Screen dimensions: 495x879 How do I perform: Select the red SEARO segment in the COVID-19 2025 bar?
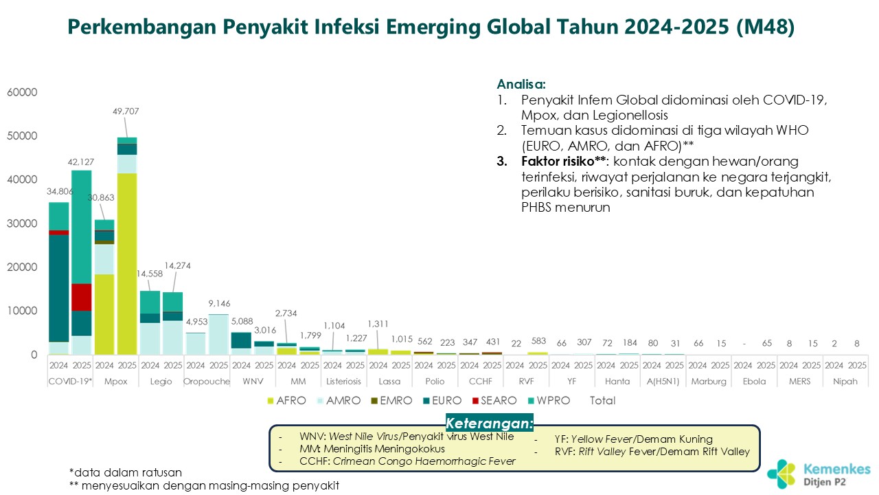pos(81,297)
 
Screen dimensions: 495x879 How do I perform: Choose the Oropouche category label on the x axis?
pos(207,382)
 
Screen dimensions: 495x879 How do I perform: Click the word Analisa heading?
pos(521,85)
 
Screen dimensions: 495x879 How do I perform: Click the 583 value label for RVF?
pos(538,342)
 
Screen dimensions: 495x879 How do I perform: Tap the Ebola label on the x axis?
pos(754,382)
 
